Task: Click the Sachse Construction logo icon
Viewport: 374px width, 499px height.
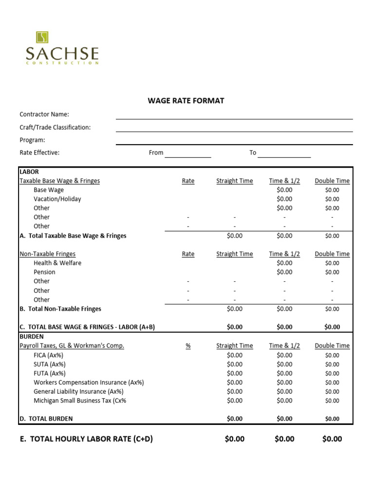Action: [42, 38]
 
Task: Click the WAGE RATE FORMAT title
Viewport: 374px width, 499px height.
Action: [186, 101]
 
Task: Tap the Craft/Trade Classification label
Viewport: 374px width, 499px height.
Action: [55, 127]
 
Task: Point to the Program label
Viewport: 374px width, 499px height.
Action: [32, 140]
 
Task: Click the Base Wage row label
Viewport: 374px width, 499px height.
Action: [49, 190]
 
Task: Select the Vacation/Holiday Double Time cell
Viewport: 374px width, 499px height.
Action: [332, 199]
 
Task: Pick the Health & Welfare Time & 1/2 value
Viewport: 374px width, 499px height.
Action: [284, 263]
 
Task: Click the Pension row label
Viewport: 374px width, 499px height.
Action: [44, 272]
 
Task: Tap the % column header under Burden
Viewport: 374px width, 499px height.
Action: [188, 346]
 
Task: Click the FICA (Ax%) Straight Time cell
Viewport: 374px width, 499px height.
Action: [235, 355]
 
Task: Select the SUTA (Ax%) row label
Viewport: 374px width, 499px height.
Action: [50, 364]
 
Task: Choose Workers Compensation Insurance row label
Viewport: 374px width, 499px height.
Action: [89, 383]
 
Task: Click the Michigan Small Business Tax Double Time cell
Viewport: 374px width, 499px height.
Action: [332, 401]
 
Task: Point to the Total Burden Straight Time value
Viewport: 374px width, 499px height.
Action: [235, 419]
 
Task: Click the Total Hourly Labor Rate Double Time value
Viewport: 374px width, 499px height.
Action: [332, 439]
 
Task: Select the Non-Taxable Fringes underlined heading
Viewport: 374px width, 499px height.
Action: [47, 254]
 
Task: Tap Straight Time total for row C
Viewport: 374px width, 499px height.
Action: [235, 327]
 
